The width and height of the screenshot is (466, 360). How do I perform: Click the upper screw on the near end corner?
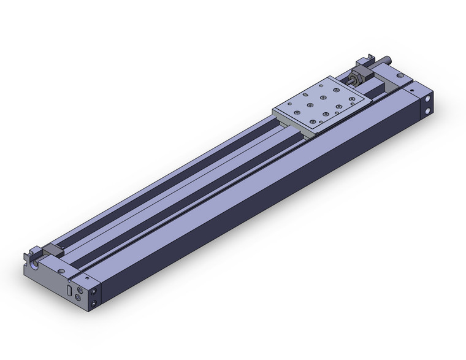click(94, 292)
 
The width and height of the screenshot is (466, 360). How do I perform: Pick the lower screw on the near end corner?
click(94, 304)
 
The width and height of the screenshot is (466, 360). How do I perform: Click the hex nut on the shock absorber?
click(357, 78)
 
